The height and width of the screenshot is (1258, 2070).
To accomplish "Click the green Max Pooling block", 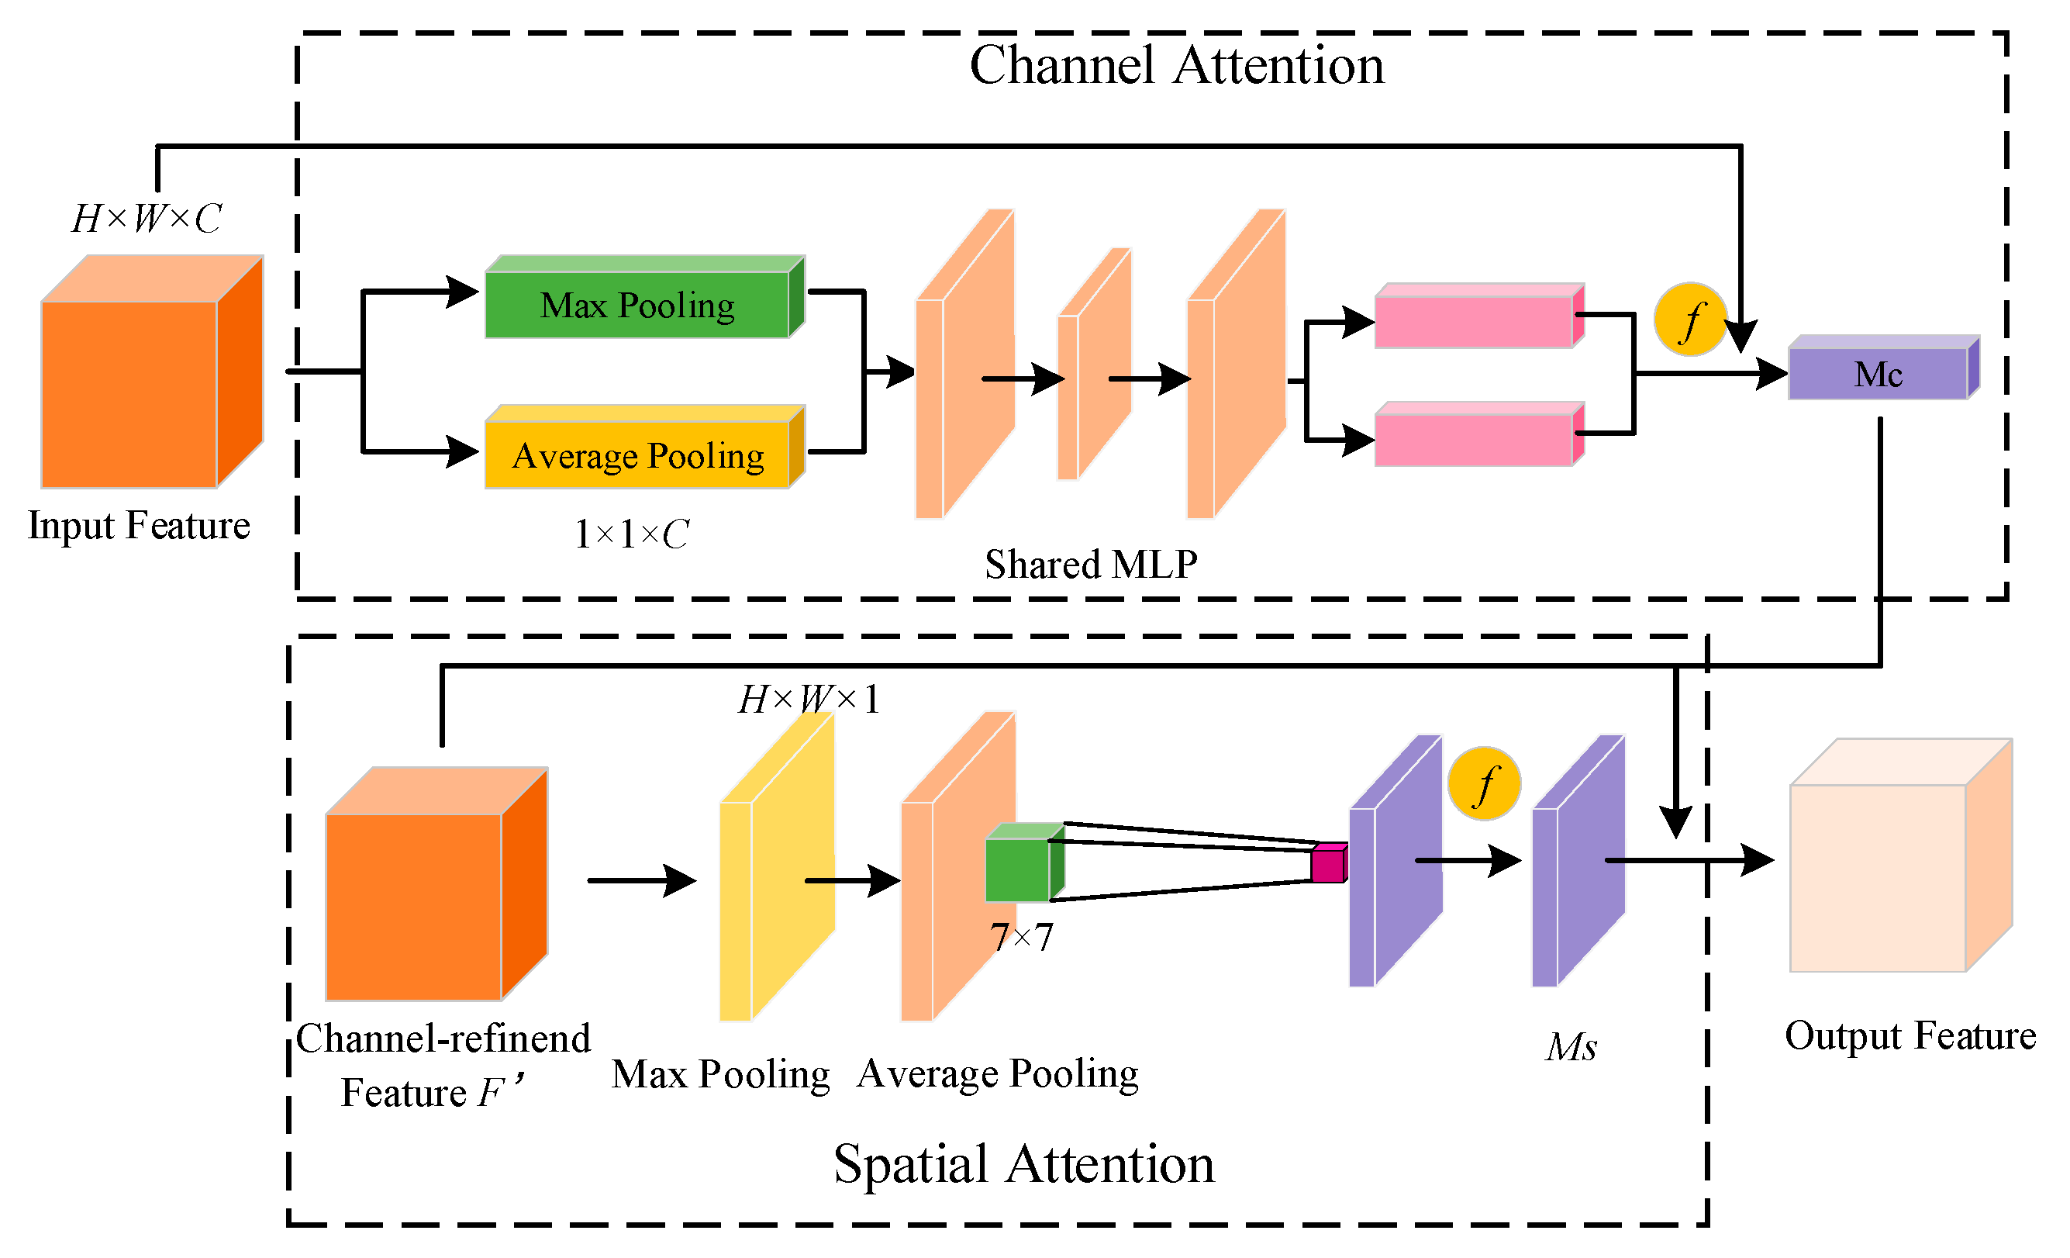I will pyautogui.click(x=639, y=304).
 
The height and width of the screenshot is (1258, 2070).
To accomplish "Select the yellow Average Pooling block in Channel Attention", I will pyautogui.click(x=639, y=454).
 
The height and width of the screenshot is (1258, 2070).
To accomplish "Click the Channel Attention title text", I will pyautogui.click(x=1176, y=66).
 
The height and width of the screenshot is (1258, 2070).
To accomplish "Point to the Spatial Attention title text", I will pyautogui.click(x=1023, y=1164).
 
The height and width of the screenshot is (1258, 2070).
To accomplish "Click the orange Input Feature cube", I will pyautogui.click(x=130, y=393).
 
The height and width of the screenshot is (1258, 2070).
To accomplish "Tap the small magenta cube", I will pyautogui.click(x=1327, y=865).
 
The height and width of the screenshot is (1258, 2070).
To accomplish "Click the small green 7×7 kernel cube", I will pyautogui.click(x=1017, y=869).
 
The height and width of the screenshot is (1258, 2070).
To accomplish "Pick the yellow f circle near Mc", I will pyautogui.click(x=1689, y=320).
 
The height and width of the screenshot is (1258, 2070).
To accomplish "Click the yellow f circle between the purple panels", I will pyautogui.click(x=1484, y=784).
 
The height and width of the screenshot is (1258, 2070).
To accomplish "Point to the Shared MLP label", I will pyautogui.click(x=1091, y=564).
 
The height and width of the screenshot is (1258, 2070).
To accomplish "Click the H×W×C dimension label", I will pyautogui.click(x=147, y=219).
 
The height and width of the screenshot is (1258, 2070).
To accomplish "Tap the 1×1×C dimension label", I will pyautogui.click(x=631, y=534).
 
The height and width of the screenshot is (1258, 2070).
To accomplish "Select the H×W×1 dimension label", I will pyautogui.click(x=808, y=699).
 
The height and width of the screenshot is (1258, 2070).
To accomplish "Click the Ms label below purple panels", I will pyautogui.click(x=1570, y=1047).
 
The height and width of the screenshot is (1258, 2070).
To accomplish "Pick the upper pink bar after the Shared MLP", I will pyautogui.click(x=1475, y=320).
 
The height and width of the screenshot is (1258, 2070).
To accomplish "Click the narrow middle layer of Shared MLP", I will pyautogui.click(x=1092, y=370).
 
